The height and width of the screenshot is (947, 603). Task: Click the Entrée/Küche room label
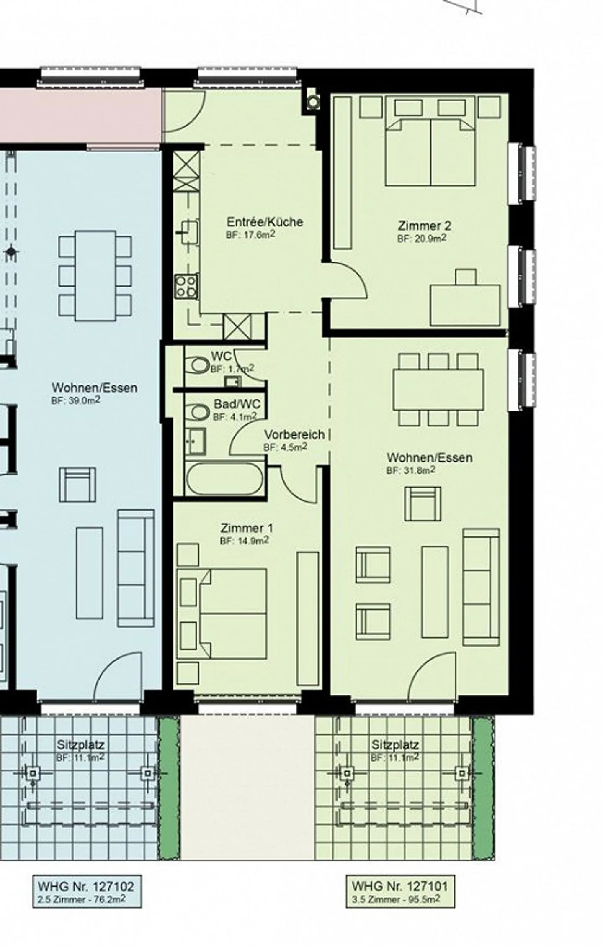pyautogui.click(x=265, y=222)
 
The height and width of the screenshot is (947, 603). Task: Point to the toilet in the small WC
pyautogui.click(x=199, y=365)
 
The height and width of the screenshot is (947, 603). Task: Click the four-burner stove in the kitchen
pyautogui.click(x=186, y=286)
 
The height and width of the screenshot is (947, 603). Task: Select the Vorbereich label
pyautogui.click(x=294, y=434)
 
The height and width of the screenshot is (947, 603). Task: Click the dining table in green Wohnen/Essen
pyautogui.click(x=438, y=389)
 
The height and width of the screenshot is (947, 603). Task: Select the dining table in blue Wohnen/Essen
pyautogui.click(x=95, y=275)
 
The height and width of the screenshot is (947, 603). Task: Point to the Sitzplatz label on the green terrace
pyautogui.click(x=395, y=745)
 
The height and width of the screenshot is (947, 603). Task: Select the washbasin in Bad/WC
pyautogui.click(x=196, y=441)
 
